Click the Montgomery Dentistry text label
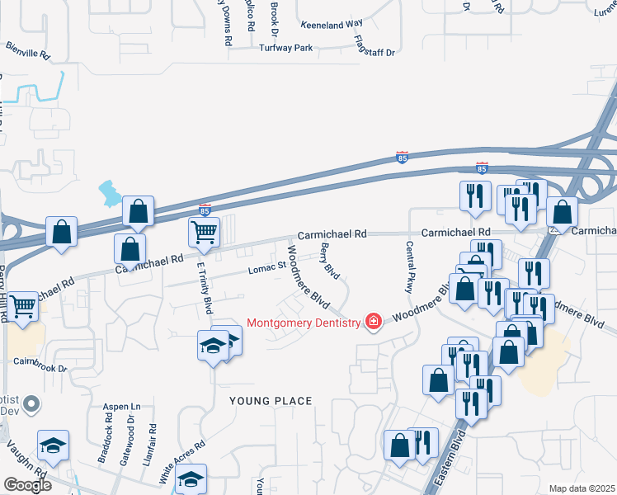click(303, 322)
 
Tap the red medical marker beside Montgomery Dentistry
click(374, 322)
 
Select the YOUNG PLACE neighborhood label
click(271, 401)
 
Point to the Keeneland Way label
click(332, 26)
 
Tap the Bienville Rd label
click(29, 52)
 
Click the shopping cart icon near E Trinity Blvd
click(204, 232)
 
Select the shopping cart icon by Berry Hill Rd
click(24, 305)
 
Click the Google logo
click(26, 486)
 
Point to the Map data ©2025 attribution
click(582, 488)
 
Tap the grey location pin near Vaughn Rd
click(32, 405)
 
